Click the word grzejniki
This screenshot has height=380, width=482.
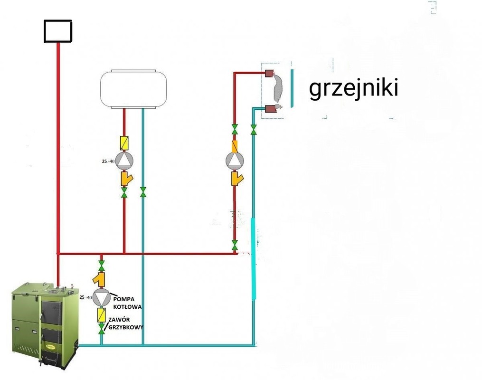tap(353, 89)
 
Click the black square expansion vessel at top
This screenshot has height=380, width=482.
tap(57, 31)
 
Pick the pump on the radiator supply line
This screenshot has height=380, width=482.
tap(235, 161)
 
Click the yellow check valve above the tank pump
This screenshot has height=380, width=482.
tap(124, 142)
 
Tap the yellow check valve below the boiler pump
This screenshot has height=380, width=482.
tap(101, 314)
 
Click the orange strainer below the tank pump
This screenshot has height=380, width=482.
tap(126, 179)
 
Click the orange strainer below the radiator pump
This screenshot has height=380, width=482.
tap(236, 179)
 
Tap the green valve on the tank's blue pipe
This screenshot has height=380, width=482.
tap(143, 192)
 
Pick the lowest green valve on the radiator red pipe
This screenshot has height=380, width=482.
tap(235, 245)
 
